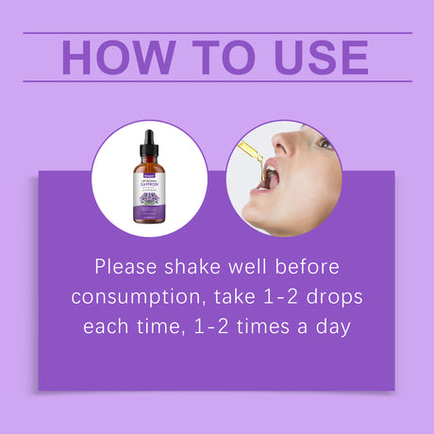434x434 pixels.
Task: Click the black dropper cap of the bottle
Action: tap(149, 144)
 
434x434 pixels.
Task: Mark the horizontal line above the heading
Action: tap(217, 33)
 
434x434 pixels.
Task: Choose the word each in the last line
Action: tap(106, 328)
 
